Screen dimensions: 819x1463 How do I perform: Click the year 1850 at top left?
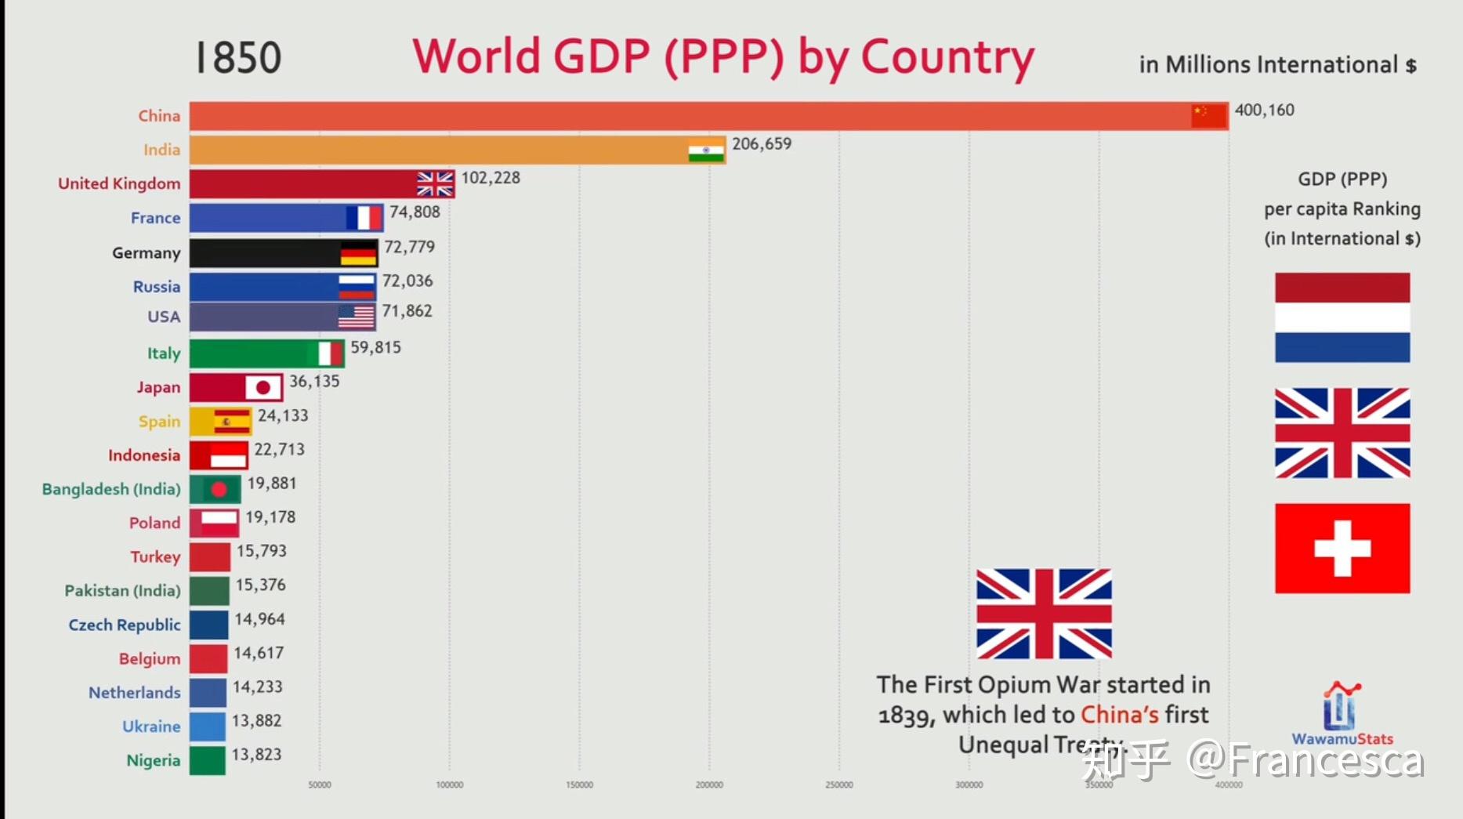click(237, 57)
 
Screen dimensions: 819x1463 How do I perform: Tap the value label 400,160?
click(1264, 111)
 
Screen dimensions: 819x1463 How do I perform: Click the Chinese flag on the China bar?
click(1208, 116)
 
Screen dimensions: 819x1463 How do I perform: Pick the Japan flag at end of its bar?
click(263, 387)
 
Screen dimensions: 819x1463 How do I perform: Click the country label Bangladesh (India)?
click(111, 489)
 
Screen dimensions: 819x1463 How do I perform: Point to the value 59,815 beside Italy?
click(375, 347)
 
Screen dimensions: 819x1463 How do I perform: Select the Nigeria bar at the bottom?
click(207, 760)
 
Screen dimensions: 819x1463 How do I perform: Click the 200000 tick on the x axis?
click(709, 785)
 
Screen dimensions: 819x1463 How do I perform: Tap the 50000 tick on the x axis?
click(320, 785)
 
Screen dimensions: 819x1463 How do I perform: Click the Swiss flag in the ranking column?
click(1342, 548)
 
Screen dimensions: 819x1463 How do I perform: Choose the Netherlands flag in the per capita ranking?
click(1342, 317)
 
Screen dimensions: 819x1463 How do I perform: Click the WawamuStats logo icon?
click(1342, 705)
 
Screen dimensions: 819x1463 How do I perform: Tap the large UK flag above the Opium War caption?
click(1044, 614)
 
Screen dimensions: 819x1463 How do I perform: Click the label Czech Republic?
click(125, 625)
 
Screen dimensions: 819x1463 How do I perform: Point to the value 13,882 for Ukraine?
click(256, 721)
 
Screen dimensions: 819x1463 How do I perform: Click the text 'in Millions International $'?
click(1277, 65)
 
